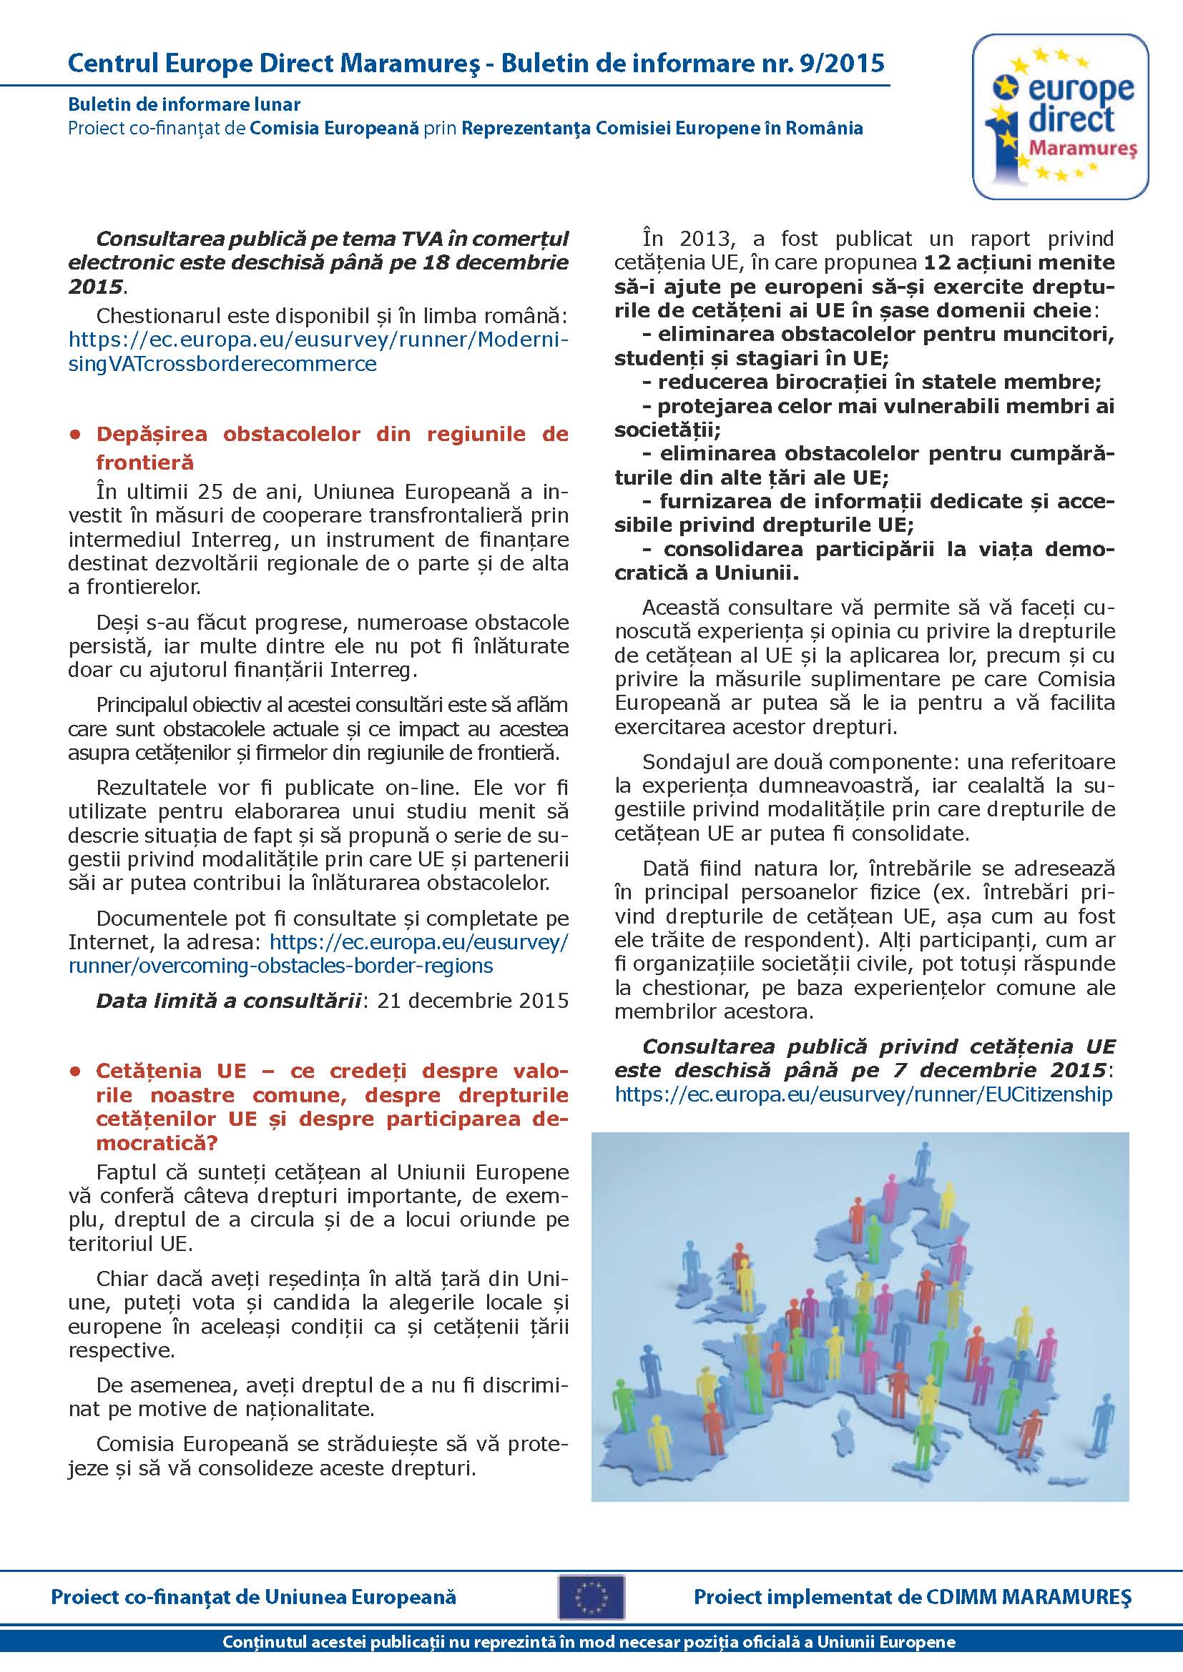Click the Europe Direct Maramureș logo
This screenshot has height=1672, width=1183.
click(1060, 117)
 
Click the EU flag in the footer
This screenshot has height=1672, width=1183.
click(591, 1597)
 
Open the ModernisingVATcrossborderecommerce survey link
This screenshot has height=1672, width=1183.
click(318, 352)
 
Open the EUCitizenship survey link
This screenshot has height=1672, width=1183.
click(863, 1094)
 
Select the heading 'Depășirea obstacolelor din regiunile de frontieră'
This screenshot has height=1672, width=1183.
click(331, 447)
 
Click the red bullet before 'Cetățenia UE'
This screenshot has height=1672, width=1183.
click(74, 1072)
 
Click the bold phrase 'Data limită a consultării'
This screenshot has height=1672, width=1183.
click(229, 1001)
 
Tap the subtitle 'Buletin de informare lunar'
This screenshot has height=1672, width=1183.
click(185, 105)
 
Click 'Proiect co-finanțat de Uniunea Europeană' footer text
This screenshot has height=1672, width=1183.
click(253, 1597)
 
